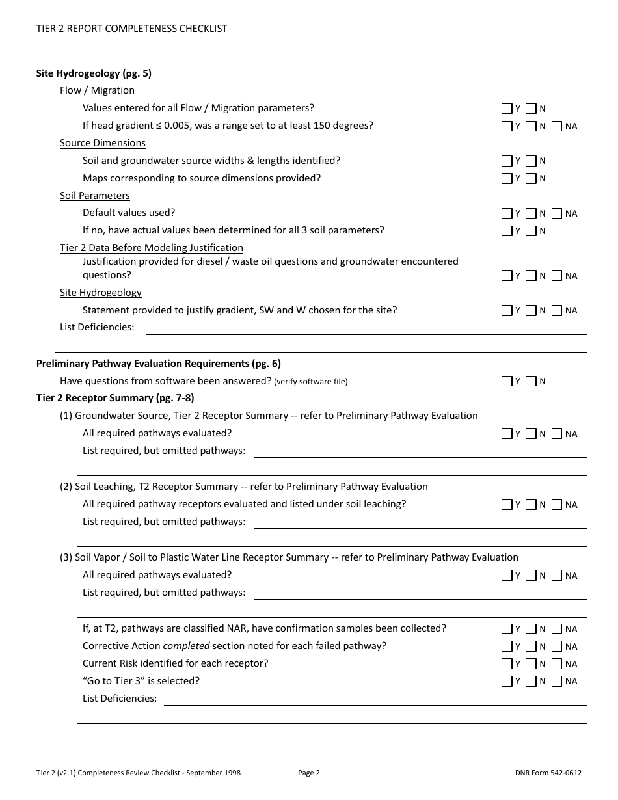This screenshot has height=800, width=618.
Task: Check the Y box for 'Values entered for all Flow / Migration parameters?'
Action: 507,109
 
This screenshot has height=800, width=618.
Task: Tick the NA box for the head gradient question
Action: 557,126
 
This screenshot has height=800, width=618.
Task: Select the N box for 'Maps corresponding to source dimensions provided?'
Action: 531,179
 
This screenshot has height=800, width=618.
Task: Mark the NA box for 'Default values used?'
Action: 557,213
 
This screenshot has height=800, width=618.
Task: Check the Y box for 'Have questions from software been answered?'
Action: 507,381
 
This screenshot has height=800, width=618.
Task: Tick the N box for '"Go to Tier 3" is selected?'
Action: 531,682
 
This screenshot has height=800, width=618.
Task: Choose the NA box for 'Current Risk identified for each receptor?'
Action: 557,664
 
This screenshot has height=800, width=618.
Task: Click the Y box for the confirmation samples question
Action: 507,629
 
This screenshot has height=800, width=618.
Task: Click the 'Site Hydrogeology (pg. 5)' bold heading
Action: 94,73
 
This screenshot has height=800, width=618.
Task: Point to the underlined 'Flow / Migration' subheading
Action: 97,90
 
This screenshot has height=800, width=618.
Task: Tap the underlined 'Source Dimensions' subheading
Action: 102,143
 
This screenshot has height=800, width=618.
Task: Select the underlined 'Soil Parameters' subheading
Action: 94,196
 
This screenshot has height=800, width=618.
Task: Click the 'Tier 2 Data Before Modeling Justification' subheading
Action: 151,248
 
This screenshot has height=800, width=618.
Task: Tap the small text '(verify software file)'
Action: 310,382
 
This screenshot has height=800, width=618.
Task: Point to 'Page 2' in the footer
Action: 309,773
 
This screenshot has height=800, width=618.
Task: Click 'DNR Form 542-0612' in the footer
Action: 548,773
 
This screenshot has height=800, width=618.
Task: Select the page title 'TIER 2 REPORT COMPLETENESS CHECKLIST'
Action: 131,29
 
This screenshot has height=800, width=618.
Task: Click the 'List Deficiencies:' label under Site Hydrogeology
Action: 97,327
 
